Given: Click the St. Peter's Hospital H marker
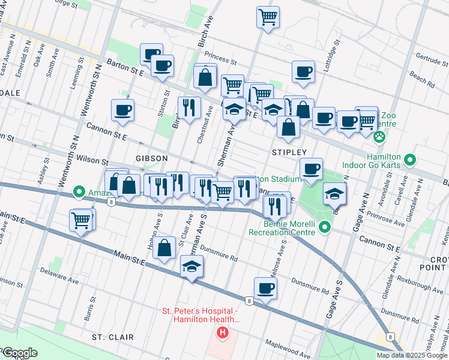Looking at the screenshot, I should [x=223, y=332].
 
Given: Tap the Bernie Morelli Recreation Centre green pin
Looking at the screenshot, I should [x=325, y=227].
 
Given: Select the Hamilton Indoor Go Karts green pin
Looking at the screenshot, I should [x=410, y=160].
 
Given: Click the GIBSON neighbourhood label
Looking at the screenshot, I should [x=151, y=158].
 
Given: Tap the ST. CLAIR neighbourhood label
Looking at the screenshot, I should [x=113, y=337].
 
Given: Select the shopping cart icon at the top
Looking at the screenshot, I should [x=268, y=16].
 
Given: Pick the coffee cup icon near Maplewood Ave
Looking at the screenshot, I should [x=265, y=288].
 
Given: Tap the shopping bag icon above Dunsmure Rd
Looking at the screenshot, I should [x=164, y=247].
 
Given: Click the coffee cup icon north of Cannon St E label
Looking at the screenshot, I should [x=122, y=110].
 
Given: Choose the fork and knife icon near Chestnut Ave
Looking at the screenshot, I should [x=189, y=107].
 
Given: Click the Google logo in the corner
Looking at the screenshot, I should [x=19, y=353].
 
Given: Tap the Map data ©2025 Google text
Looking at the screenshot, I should [x=412, y=355].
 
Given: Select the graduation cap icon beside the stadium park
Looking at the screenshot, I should [x=334, y=193].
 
